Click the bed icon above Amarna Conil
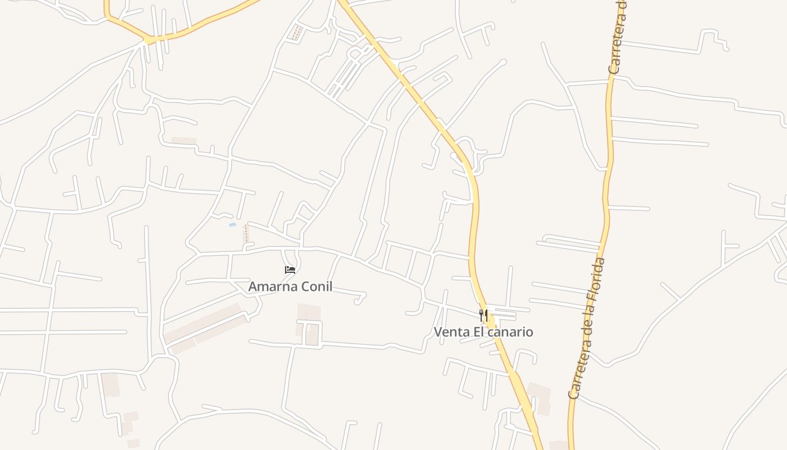coord(290,270)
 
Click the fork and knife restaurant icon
coord(483,315)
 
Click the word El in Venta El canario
coord(478,332)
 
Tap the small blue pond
coord(232,225)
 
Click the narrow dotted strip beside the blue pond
coord(245,233)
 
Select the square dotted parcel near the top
coord(295,33)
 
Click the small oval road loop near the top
coord(355,54)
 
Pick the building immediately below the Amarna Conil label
coord(309,312)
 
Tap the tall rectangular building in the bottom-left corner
coord(110,385)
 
